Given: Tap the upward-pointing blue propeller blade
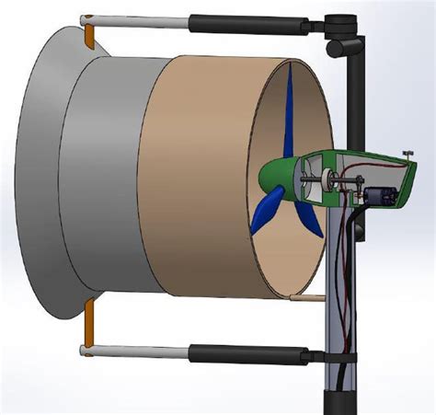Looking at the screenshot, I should point(290,110).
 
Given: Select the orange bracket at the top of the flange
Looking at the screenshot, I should point(89,35).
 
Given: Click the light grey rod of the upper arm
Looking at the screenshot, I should point(138,20).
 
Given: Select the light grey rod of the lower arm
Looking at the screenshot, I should point(138,351).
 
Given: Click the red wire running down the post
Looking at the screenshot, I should point(337,276).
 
